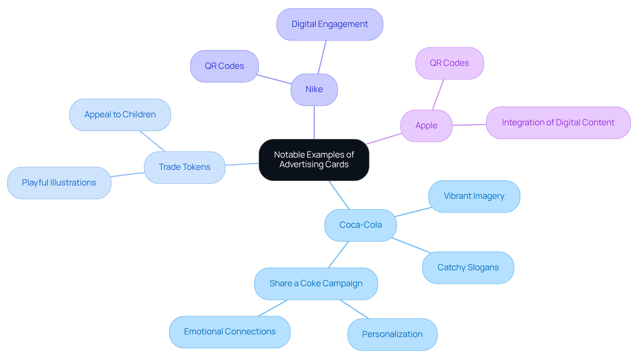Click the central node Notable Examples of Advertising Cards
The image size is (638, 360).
[x=314, y=160]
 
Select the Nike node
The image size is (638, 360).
[x=314, y=89]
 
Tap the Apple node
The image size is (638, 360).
[x=426, y=126]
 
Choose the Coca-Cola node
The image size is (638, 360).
[x=360, y=225]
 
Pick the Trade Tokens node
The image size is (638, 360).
[x=184, y=167]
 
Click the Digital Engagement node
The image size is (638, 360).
[x=329, y=24]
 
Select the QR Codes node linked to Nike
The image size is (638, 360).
[x=224, y=66]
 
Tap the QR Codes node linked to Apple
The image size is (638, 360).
[x=449, y=63]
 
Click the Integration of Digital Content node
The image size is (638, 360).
[x=558, y=123]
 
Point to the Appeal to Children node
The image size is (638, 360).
[x=120, y=115]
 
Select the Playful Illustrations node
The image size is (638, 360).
[x=59, y=183]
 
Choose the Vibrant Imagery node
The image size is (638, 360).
[x=474, y=196]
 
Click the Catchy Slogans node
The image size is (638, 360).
[x=468, y=268]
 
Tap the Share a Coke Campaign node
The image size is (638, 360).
[x=316, y=284]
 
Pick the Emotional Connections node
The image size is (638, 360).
[x=230, y=332]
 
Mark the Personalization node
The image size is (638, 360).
[x=392, y=334]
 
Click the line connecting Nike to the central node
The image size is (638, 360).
[x=314, y=122]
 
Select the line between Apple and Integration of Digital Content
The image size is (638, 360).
[x=469, y=125]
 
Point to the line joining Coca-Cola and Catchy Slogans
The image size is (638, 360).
[x=411, y=245]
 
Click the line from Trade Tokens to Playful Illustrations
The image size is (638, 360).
[x=128, y=175]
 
